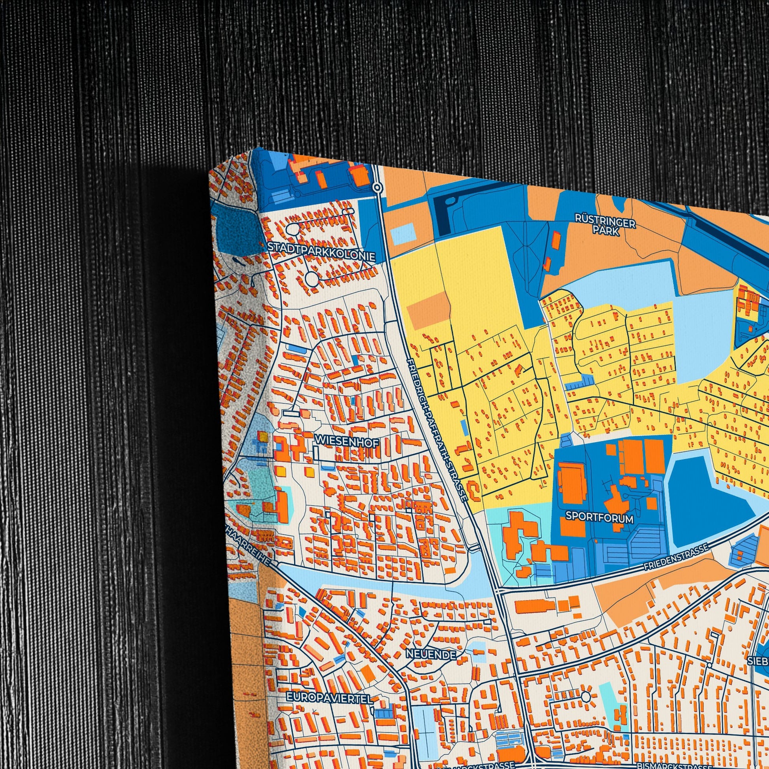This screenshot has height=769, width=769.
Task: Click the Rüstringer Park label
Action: click(x=605, y=225)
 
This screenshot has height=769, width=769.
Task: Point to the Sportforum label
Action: click(x=599, y=517)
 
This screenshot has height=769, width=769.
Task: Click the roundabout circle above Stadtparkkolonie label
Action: click(x=292, y=228)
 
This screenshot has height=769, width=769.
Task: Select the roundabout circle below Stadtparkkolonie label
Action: click(x=313, y=278)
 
